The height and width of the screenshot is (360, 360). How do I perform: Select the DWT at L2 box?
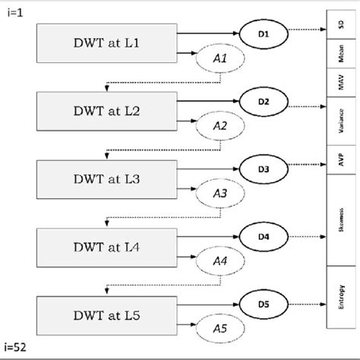pyautogui.click(x=106, y=110)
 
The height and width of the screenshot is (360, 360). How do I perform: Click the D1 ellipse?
pyautogui.click(x=263, y=33)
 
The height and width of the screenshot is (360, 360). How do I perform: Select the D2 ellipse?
pyautogui.click(x=263, y=99)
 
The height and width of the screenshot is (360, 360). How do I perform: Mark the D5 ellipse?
pyautogui.click(x=263, y=303)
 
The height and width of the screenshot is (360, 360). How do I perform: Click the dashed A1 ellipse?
pyautogui.click(x=219, y=58)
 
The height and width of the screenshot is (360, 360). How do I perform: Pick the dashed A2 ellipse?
pyautogui.click(x=219, y=126)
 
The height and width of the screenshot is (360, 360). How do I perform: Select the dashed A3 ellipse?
pyautogui.click(x=219, y=194)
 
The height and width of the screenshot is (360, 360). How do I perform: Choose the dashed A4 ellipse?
pyautogui.click(x=219, y=261)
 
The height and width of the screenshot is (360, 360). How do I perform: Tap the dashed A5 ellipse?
pyautogui.click(x=219, y=329)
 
